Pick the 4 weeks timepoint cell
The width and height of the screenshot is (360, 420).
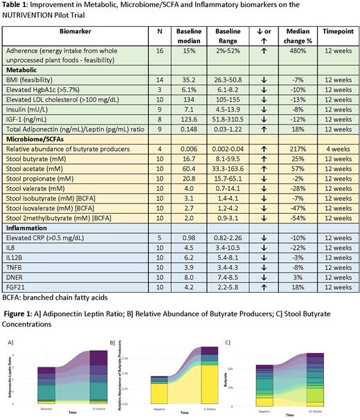pyautogui.click(x=337, y=149)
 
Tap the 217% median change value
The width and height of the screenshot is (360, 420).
pyautogui.click(x=298, y=149)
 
